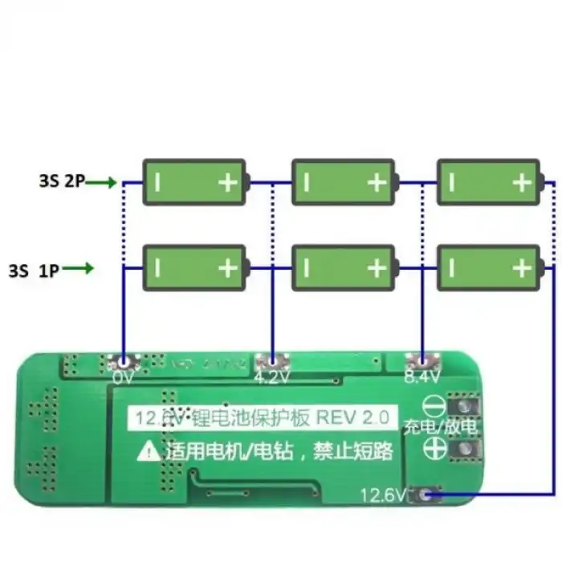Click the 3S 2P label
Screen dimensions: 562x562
pyautogui.click(x=61, y=182)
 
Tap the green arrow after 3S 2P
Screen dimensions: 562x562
pyautogui.click(x=102, y=182)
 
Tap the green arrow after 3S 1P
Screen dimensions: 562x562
pyautogui.click(x=78, y=268)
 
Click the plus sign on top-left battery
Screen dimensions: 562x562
pyautogui.click(x=229, y=182)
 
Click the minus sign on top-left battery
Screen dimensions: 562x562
pyautogui.click(x=158, y=182)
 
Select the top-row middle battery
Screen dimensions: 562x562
pyautogui.click(x=343, y=181)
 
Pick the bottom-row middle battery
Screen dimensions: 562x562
pyautogui.click(x=343, y=267)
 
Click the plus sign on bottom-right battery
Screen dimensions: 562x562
pyautogui.click(x=523, y=267)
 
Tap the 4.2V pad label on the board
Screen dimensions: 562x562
pyautogui.click(x=272, y=376)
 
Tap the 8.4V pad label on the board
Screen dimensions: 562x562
pyautogui.click(x=422, y=376)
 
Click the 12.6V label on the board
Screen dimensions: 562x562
pyautogui.click(x=384, y=495)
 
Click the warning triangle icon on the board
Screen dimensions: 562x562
pyautogui.click(x=149, y=452)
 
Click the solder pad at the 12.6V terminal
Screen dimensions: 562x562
pyautogui.click(x=426, y=495)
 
